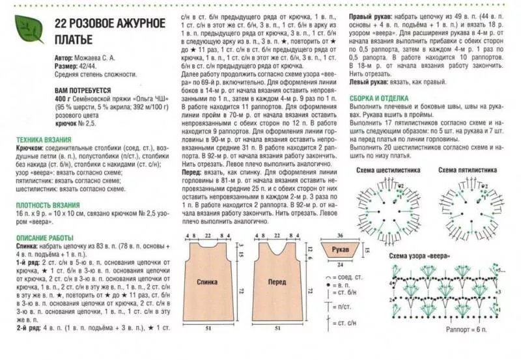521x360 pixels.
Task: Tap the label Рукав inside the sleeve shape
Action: pyautogui.click(x=343, y=250)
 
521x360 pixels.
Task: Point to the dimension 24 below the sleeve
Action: pyautogui.click(x=339, y=265)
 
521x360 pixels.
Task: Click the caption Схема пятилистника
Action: pyautogui.click(x=468, y=170)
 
